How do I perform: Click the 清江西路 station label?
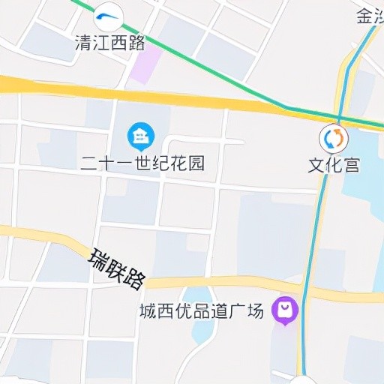[110, 43]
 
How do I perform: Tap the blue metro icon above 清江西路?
[109, 16]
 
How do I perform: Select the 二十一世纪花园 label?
[142, 163]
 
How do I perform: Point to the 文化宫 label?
[334, 164]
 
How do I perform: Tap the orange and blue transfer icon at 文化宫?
[334, 138]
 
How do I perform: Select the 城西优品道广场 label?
[202, 310]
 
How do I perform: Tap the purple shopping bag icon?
[285, 310]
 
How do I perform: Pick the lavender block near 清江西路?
[145, 64]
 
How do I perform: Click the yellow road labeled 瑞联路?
[225, 283]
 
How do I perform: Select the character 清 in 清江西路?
[83, 43]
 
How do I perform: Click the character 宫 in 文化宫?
[351, 164]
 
